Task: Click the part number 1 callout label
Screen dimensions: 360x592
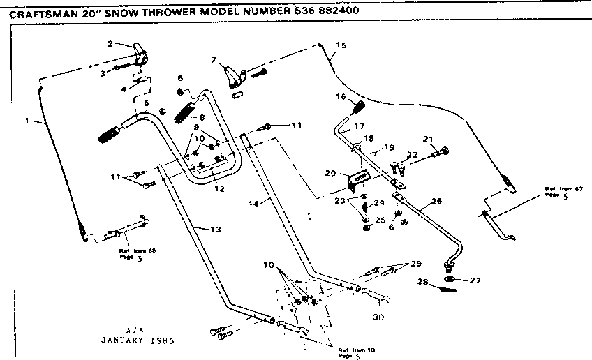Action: click(x=27, y=121)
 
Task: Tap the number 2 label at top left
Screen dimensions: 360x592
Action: click(x=110, y=44)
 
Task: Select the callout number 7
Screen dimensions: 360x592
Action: click(x=214, y=61)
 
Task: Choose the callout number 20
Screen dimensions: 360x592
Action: click(x=331, y=172)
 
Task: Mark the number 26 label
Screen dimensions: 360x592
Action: click(x=437, y=201)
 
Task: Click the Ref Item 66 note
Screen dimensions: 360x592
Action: click(x=133, y=253)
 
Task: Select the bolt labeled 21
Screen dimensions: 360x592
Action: click(x=440, y=149)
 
